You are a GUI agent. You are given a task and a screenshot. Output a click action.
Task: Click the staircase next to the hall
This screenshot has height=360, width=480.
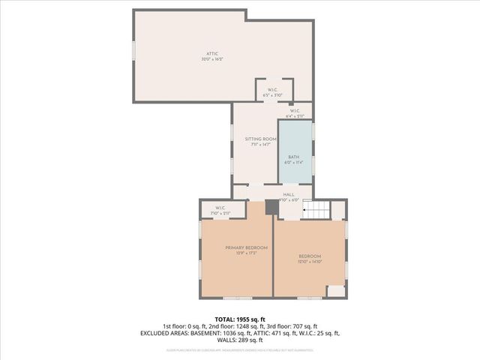click(316, 209)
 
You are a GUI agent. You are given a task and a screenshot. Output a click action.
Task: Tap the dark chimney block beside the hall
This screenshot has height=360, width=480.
click(271, 208)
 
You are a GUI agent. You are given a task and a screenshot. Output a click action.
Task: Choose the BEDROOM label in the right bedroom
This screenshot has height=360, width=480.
click(310, 256)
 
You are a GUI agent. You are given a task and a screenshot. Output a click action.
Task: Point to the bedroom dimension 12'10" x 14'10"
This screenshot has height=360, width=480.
click(310, 262)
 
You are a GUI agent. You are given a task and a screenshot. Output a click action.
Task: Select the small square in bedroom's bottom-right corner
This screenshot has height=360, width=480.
click(335, 290)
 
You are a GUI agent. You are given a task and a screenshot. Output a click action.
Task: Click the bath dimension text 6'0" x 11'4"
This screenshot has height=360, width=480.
click(294, 162)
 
